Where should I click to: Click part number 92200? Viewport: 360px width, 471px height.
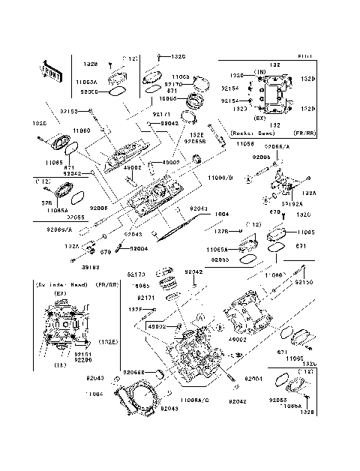pos(82,360)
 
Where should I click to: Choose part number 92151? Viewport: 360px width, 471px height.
pos(82,354)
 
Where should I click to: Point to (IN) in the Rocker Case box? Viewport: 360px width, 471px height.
pos(260,72)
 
